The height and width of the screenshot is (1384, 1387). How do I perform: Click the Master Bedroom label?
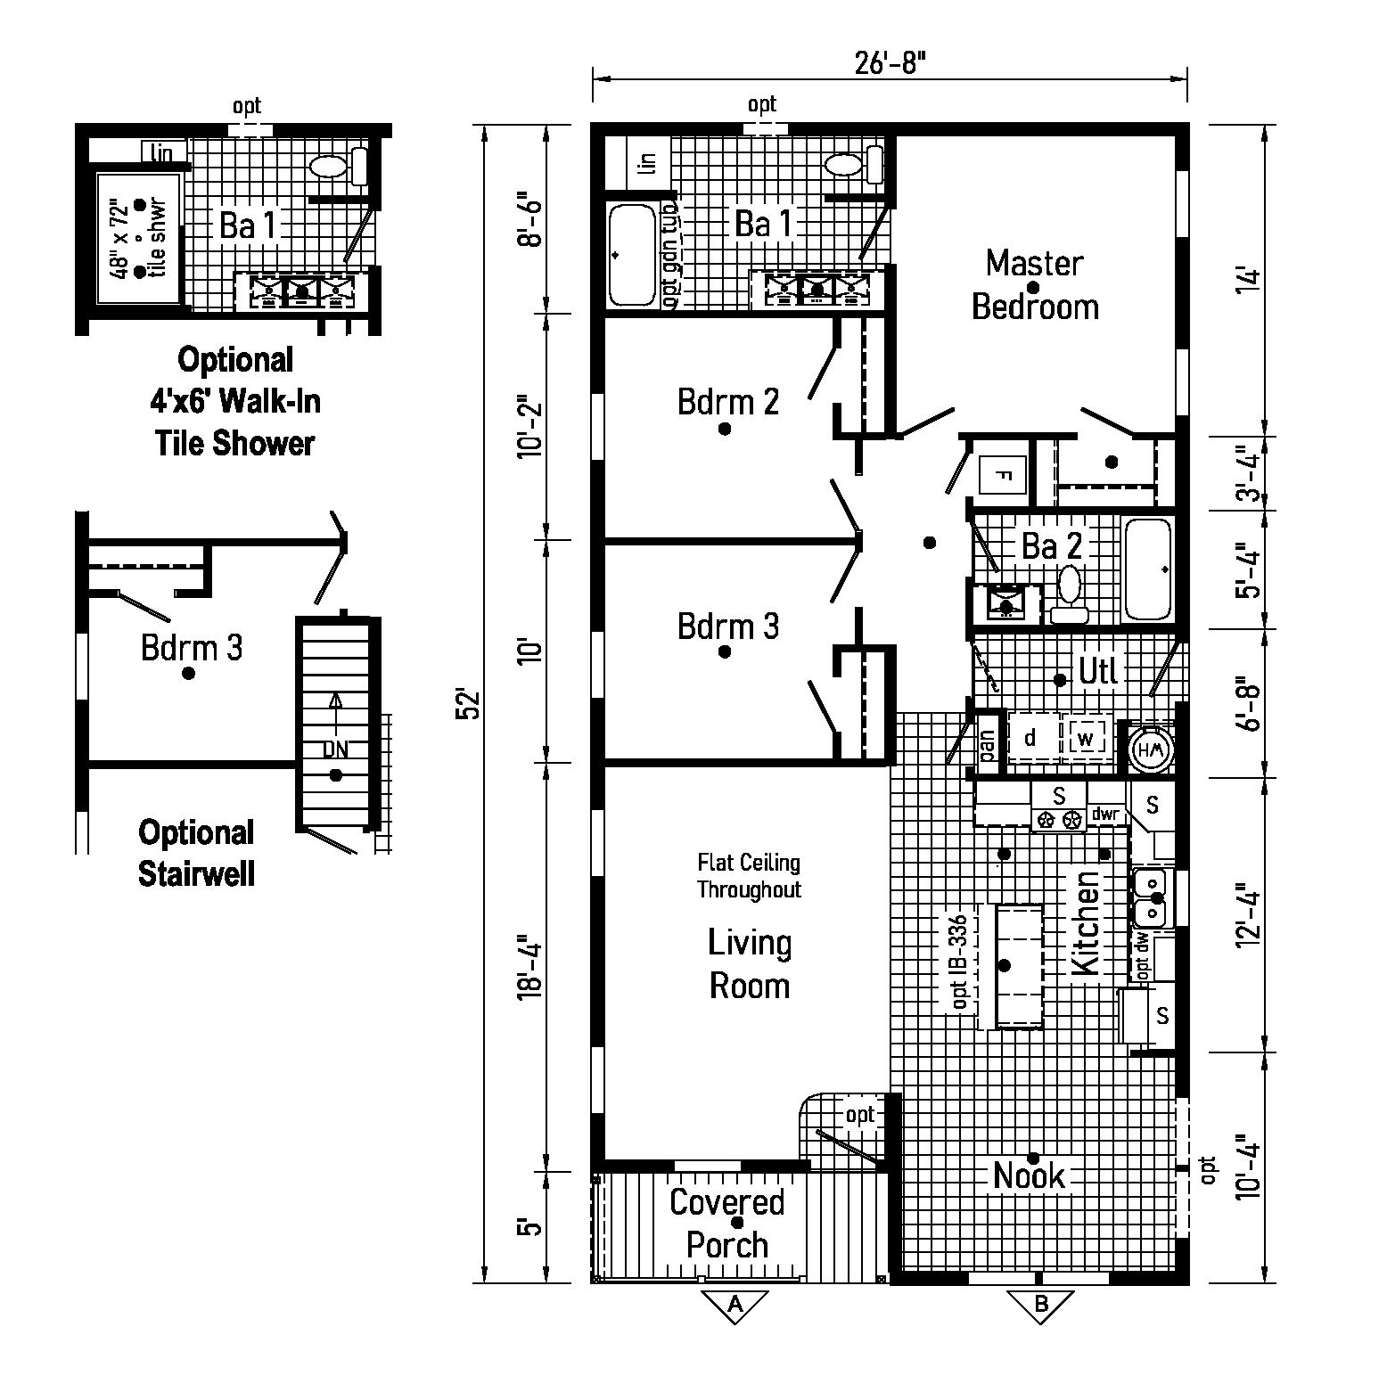(1034, 285)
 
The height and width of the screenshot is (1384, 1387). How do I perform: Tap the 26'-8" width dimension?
(890, 63)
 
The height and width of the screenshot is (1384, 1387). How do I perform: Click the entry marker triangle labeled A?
(735, 1305)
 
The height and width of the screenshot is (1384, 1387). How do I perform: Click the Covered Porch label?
(726, 1224)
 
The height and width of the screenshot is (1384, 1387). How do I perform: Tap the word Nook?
(1029, 1176)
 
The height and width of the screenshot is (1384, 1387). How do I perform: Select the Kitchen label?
(1086, 922)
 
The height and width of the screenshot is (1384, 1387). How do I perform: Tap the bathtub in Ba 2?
(1147, 569)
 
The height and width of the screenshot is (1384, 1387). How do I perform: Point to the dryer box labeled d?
(1031, 738)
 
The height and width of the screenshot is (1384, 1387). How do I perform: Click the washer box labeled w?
(1085, 739)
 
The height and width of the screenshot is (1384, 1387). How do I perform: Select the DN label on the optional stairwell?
(335, 749)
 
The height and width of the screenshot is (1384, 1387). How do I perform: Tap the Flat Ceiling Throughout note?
(749, 876)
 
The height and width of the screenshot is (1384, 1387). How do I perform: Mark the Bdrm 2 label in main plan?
(727, 402)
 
